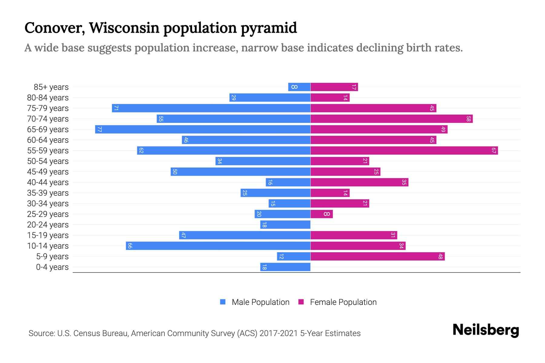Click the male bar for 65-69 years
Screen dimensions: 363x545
point(203,129)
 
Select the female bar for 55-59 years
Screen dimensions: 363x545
point(404,151)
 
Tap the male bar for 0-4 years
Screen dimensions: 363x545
point(285,267)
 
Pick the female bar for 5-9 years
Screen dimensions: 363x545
point(378,257)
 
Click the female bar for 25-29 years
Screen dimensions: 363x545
point(322,214)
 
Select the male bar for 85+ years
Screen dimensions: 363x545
point(299,87)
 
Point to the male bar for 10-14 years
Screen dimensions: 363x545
point(218,246)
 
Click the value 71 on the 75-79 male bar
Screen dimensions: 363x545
point(116,108)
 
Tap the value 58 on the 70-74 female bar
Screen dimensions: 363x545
point(468,119)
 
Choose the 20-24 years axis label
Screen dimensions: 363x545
point(48,225)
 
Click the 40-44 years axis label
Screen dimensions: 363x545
point(48,182)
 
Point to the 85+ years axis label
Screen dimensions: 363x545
point(51,87)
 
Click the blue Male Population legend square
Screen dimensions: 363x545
point(223,302)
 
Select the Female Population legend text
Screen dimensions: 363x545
point(343,302)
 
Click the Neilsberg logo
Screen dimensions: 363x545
point(486,330)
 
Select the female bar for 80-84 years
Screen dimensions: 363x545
point(330,98)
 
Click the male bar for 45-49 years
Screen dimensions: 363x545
point(240,172)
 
